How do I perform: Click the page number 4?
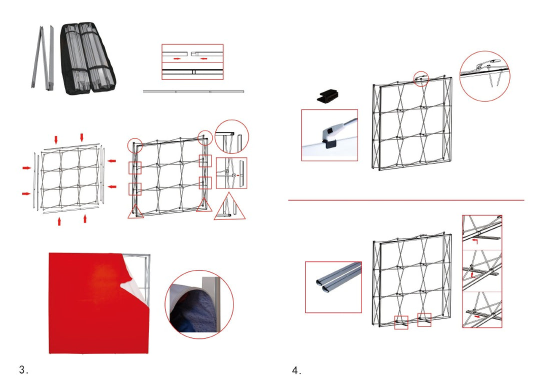pyautogui.click(x=296, y=370)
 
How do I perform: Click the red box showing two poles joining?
pyautogui.click(x=192, y=61)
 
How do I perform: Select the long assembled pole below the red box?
pyautogui.click(x=193, y=91)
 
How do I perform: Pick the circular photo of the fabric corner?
pyautogui.click(x=199, y=304)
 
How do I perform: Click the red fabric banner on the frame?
pyautogui.click(x=95, y=305)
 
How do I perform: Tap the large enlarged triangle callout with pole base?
pyautogui.click(x=230, y=209)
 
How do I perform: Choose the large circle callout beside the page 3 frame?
pyautogui.click(x=231, y=136)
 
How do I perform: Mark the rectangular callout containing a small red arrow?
pyautogui.click(x=231, y=173)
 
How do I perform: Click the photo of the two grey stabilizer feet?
pyautogui.click(x=333, y=287)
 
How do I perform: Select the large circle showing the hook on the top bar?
pyautogui.click(x=484, y=75)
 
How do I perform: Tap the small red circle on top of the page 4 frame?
pyautogui.click(x=421, y=78)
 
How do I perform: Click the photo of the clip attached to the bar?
pyautogui.click(x=329, y=135)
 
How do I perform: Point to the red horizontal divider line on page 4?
pyautogui.click(x=406, y=200)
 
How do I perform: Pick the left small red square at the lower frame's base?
pyautogui.click(x=401, y=322)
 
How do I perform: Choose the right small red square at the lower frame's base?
pyautogui.click(x=424, y=320)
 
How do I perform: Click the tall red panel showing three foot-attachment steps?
pyautogui.click(x=481, y=271)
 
